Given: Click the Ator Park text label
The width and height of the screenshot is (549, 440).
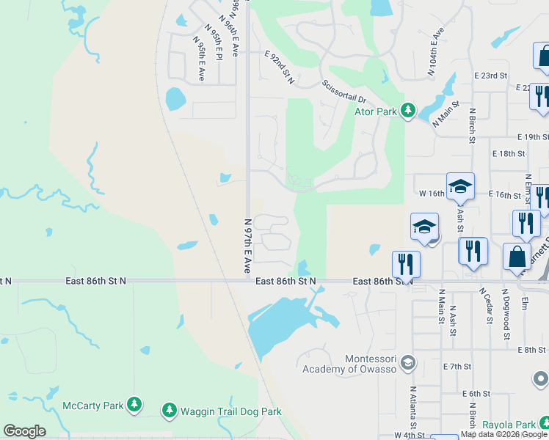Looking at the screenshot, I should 376,112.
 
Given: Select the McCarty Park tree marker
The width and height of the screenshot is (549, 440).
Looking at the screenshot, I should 134,404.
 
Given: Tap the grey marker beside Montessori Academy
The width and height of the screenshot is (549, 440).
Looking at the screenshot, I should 409,362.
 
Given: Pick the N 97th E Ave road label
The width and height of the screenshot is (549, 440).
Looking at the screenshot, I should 247,245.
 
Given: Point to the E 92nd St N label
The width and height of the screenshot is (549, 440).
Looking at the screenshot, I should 279,67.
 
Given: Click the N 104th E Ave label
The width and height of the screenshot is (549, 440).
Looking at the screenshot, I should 436,52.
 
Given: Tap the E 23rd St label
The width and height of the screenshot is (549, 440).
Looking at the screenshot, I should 491,76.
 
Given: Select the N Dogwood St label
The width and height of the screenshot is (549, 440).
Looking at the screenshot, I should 506,314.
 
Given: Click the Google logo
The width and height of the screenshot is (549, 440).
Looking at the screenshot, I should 25,431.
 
